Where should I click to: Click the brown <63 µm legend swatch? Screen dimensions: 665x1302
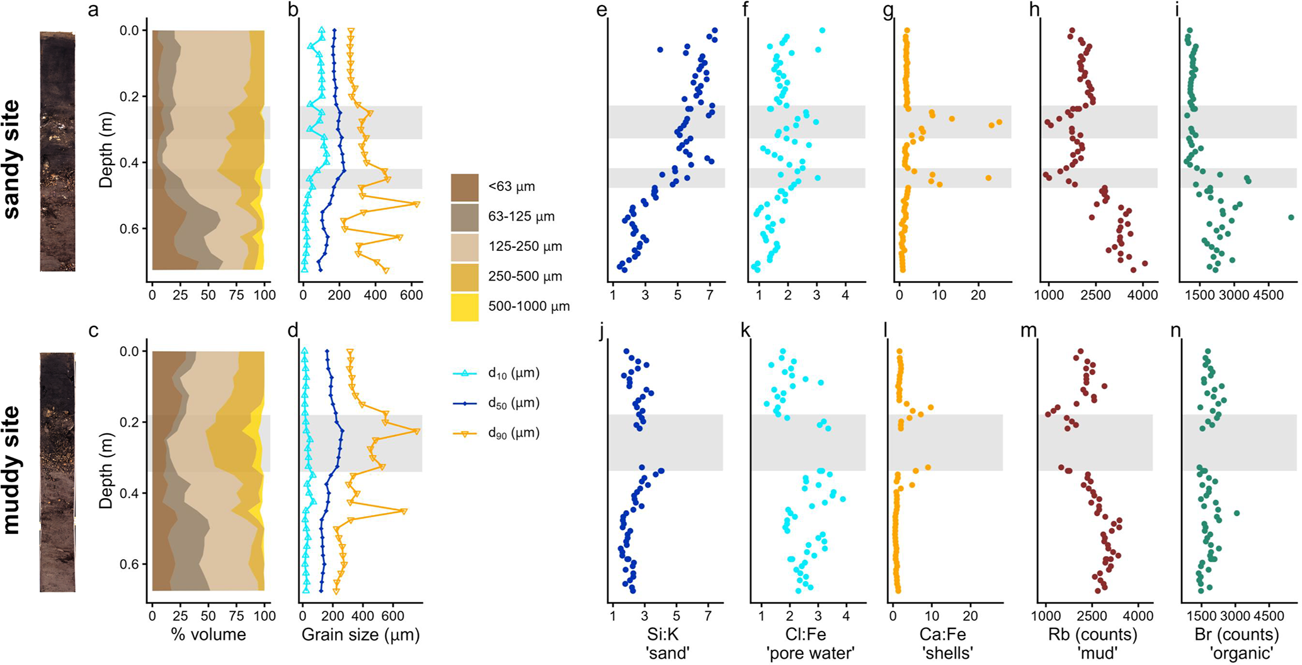coord(464,187)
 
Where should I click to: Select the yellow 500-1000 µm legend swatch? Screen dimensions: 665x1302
coord(464,307)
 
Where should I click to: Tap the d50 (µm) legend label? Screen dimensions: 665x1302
coord(513,403)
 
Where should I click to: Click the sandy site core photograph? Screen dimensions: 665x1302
coord(57,151)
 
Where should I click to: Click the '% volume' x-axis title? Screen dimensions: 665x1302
coord(208,634)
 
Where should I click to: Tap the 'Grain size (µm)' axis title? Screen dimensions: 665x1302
coord(360,635)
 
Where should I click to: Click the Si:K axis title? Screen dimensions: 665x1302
coord(667,634)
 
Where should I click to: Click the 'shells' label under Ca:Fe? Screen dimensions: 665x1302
coord(947,653)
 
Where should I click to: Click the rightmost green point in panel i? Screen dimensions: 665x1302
coord(1291,217)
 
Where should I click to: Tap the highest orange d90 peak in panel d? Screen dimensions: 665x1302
coord(416,431)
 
